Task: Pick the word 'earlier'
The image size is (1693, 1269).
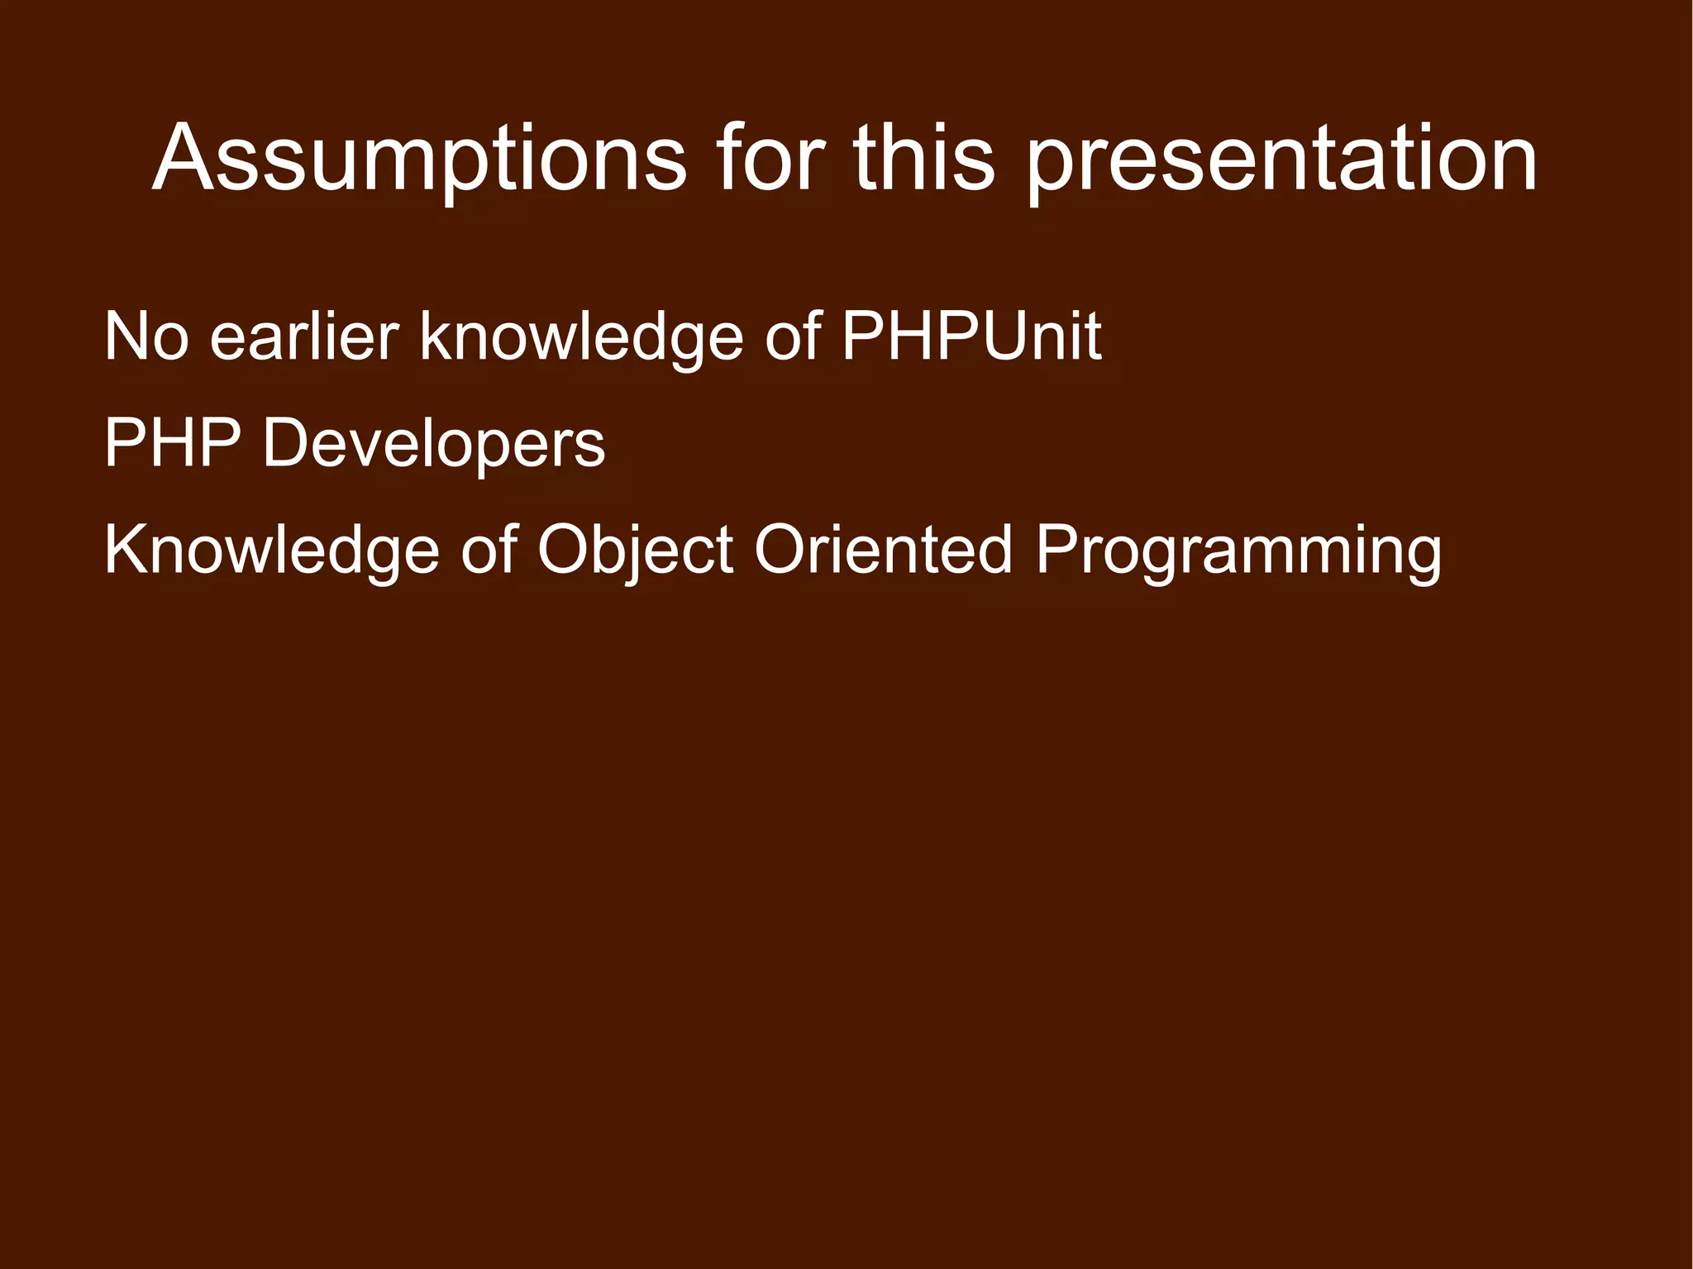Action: (x=304, y=337)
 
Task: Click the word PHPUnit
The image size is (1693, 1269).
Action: (x=971, y=337)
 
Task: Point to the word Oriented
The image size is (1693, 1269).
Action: (x=883, y=551)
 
